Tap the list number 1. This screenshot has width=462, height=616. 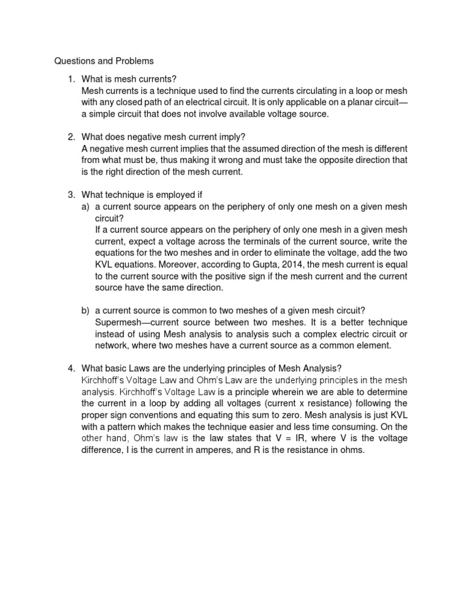click(x=70, y=79)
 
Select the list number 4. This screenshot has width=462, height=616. click(x=70, y=369)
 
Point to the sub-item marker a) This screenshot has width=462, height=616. click(x=86, y=206)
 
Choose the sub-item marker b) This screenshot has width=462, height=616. click(x=86, y=310)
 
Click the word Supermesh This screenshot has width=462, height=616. click(x=117, y=322)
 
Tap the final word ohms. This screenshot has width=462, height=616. click(x=353, y=449)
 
